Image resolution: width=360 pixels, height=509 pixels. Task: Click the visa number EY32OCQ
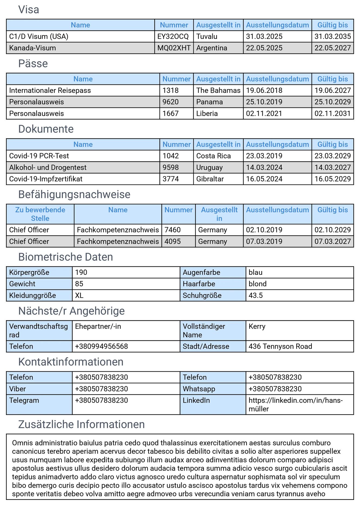point(173,37)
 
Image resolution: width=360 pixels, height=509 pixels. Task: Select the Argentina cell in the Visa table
point(212,48)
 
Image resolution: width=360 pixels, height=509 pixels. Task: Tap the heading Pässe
point(33,64)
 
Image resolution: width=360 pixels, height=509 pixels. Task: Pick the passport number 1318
point(170,90)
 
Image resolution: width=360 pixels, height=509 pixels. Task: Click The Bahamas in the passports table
point(218,90)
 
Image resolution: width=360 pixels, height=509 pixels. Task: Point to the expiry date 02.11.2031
point(332,113)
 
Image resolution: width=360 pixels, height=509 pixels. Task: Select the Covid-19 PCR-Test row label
point(39,156)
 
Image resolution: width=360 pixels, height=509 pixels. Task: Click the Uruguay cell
point(209,168)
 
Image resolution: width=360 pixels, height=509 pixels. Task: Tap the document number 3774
point(171,179)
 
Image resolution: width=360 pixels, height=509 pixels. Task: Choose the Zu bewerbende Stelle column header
point(40,214)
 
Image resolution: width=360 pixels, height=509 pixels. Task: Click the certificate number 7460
point(173,230)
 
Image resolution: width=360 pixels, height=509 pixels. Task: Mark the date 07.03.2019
point(264,242)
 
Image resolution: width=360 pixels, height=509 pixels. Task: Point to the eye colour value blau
point(255,272)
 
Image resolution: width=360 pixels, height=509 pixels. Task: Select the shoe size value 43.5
point(255,295)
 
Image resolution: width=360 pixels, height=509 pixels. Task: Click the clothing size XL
point(79,295)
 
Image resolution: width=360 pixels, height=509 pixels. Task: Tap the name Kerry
point(257,327)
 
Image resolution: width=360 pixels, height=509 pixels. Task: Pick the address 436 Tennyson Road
point(280,347)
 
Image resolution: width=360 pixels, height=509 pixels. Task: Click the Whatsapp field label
point(199,389)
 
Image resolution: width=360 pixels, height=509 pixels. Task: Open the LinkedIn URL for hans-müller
point(295,404)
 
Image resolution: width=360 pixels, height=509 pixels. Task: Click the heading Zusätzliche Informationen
point(81,425)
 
